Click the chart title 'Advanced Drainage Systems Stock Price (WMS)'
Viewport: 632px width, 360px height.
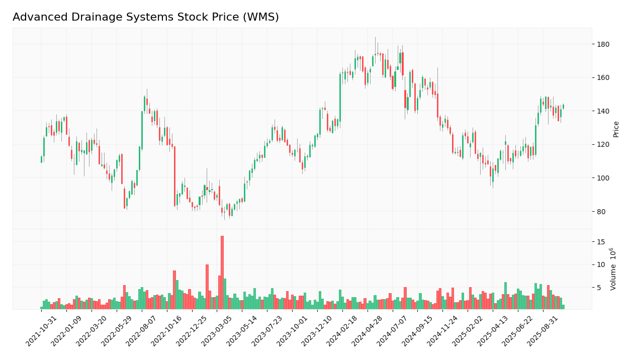coord(146,18)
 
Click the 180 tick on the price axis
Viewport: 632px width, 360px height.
coord(603,44)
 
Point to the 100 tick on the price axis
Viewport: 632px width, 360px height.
coord(603,178)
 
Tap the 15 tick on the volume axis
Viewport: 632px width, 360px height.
coord(600,242)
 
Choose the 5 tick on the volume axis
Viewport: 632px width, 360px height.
coord(599,288)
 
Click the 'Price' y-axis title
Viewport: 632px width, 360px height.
coord(616,129)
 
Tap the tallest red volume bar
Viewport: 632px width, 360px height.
coord(222,272)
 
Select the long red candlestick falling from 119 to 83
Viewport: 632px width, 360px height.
coord(174,176)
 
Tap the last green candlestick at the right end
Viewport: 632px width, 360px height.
coord(563,107)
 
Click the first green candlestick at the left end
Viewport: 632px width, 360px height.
coord(41,159)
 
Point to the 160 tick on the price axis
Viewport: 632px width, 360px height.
coord(603,78)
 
